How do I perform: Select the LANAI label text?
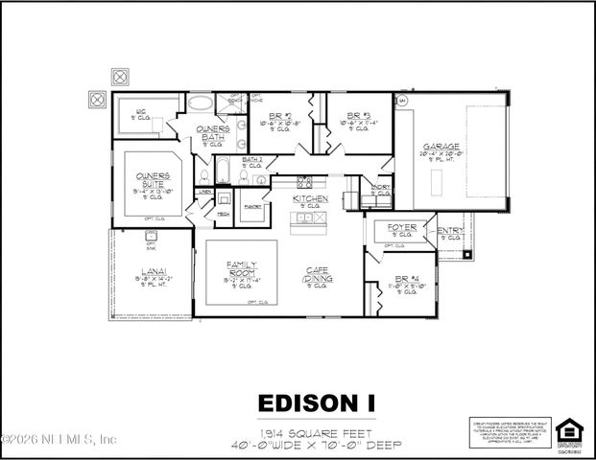click(154, 271)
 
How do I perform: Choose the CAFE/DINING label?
click(318, 275)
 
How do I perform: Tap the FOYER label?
click(401, 228)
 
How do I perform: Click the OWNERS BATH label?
click(211, 132)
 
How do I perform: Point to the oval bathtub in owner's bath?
click(202, 103)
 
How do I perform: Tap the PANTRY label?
click(253, 205)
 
